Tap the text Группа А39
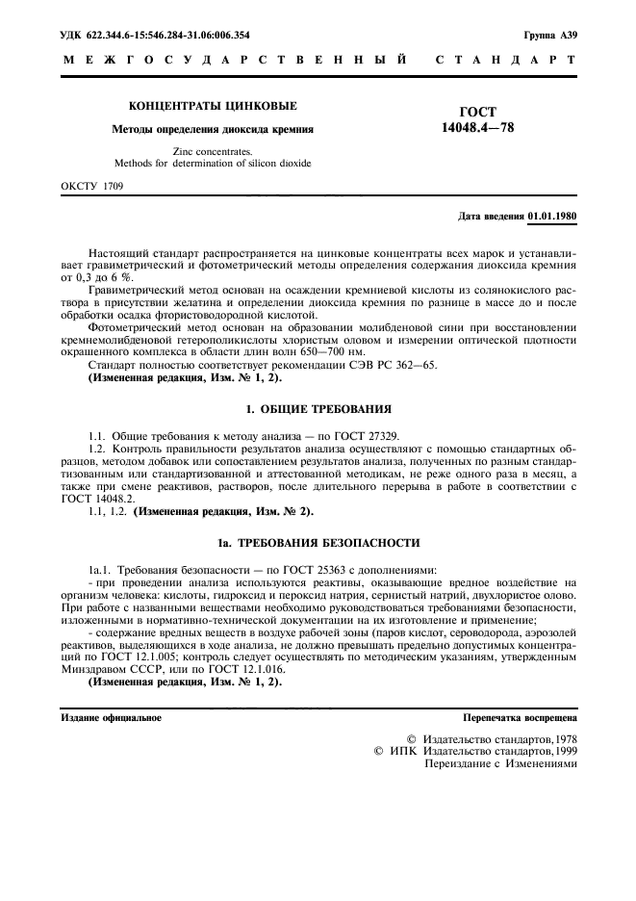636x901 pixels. (550, 35)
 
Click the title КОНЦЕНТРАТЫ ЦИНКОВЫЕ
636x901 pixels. (213, 105)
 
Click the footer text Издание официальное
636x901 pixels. (112, 717)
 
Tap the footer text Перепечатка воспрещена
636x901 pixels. (520, 717)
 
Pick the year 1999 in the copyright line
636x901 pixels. (561, 751)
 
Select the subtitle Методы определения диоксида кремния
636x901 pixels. (213, 128)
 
